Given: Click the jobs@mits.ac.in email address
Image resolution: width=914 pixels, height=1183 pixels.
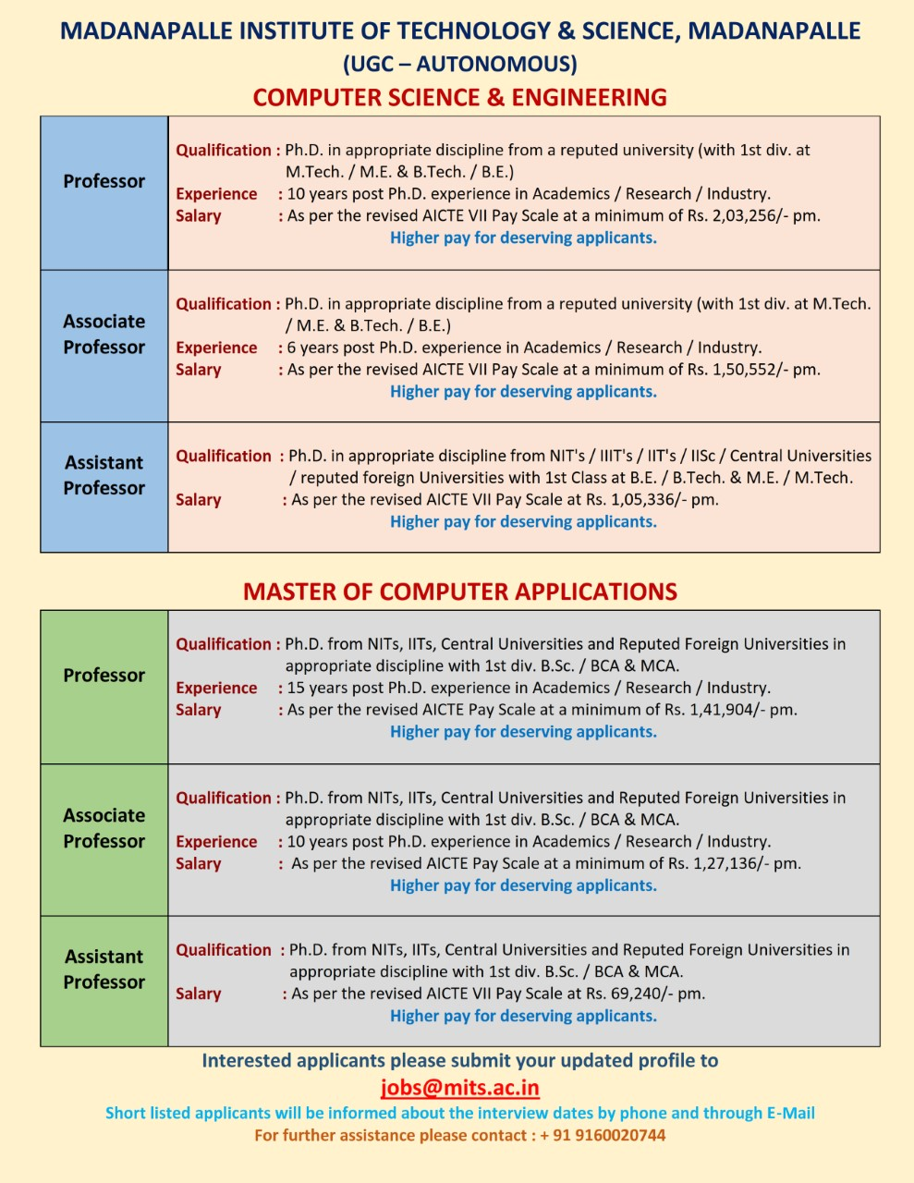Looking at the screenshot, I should click(459, 1088).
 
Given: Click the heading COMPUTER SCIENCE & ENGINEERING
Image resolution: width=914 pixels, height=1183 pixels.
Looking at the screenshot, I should click(459, 97).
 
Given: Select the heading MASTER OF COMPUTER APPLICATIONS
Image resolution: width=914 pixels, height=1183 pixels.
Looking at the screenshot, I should click(459, 591).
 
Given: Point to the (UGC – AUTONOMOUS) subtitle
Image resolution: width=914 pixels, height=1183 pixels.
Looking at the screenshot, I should click(459, 64).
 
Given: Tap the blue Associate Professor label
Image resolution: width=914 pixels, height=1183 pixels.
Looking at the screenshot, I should click(104, 335).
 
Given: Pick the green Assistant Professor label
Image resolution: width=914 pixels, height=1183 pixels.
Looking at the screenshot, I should click(104, 970).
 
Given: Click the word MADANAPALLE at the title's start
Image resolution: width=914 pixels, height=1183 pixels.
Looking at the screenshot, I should click(146, 31).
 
